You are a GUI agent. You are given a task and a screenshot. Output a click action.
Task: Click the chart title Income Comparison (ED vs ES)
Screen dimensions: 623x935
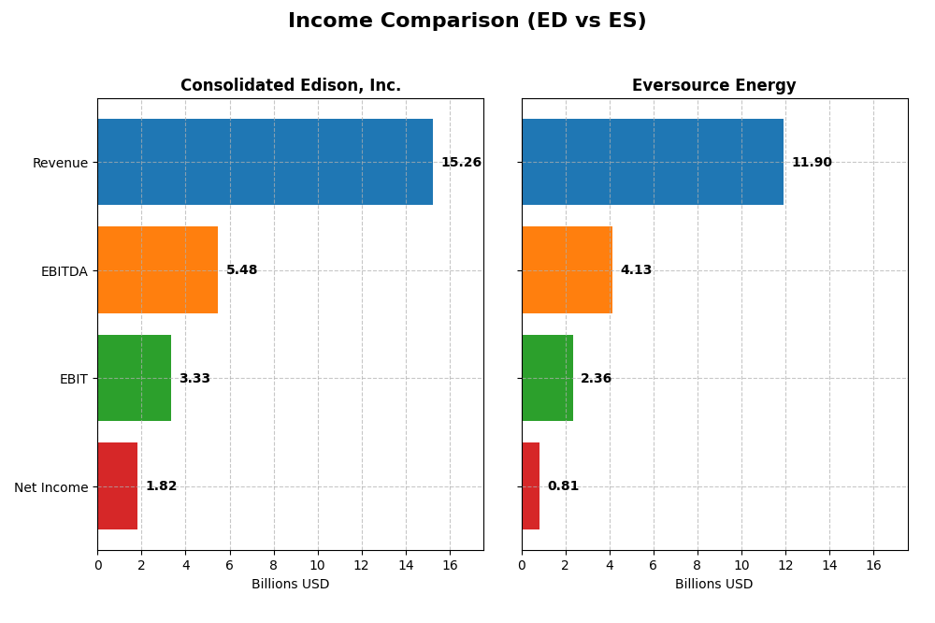pyautogui.click(x=467, y=21)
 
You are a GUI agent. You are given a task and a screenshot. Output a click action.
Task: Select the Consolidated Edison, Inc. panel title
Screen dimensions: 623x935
pyautogui.click(x=290, y=85)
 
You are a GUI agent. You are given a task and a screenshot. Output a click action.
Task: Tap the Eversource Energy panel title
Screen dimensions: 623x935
pyautogui.click(x=713, y=85)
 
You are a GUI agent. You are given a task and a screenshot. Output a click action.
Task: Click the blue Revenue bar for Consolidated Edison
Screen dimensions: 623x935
pyautogui.click(x=265, y=162)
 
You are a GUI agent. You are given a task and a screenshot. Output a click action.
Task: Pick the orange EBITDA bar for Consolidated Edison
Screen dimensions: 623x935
pyautogui.click(x=157, y=269)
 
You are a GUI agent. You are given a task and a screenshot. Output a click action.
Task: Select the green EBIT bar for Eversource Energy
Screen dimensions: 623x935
pyautogui.click(x=547, y=378)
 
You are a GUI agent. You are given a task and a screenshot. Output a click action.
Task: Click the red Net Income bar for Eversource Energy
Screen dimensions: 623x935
pyautogui.click(x=530, y=485)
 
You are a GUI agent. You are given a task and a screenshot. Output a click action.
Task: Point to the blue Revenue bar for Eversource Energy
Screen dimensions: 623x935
pyautogui.click(x=652, y=162)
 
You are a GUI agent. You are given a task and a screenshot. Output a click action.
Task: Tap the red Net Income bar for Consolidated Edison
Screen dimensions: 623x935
pyautogui.click(x=117, y=485)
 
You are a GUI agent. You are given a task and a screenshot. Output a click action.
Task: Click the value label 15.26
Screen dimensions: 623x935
pyautogui.click(x=461, y=163)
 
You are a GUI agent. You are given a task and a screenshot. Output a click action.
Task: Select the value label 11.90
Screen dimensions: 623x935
pyautogui.click(x=811, y=163)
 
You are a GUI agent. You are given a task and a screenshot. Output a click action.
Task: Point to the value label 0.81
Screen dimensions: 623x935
pyautogui.click(x=563, y=486)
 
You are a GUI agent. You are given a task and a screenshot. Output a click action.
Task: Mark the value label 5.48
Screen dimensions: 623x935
pyautogui.click(x=241, y=270)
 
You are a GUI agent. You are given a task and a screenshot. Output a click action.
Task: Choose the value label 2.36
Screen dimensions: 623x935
pyautogui.click(x=596, y=379)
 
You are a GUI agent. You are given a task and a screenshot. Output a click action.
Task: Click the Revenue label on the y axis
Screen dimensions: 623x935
pyautogui.click(x=60, y=163)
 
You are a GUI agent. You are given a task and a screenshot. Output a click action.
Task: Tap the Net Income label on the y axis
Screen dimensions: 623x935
pyautogui.click(x=51, y=487)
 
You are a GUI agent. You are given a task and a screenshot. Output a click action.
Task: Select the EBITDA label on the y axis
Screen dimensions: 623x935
pyautogui.click(x=64, y=271)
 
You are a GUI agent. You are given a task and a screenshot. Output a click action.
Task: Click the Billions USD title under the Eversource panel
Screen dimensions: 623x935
pyautogui.click(x=713, y=584)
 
